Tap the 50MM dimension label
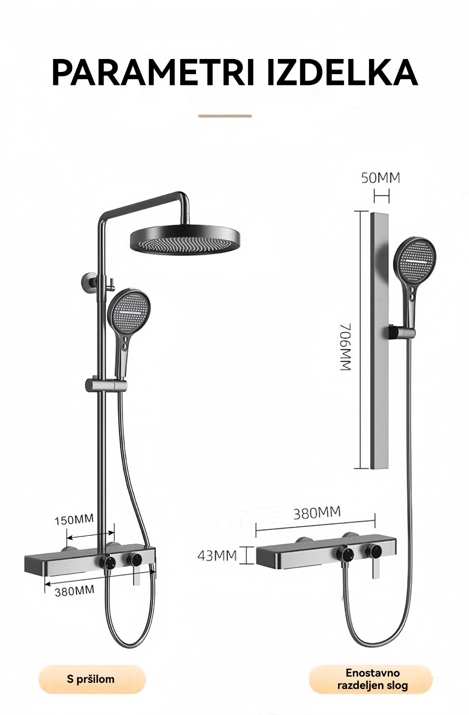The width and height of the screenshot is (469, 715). pyautogui.click(x=381, y=178)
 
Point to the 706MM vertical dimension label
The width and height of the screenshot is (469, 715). pyautogui.click(x=346, y=347)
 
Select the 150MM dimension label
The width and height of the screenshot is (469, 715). pyautogui.click(x=74, y=520)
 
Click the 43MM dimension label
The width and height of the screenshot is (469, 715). pyautogui.click(x=217, y=556)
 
